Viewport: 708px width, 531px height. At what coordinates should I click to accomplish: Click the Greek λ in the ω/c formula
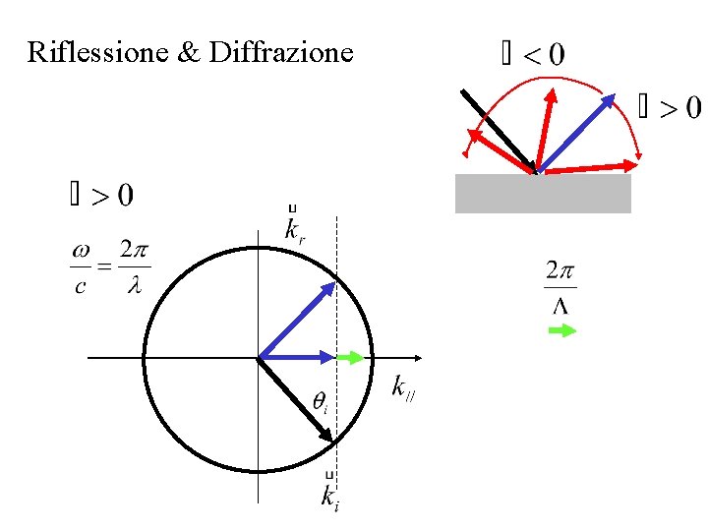click(134, 288)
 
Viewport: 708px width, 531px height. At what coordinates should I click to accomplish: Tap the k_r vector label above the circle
click(294, 229)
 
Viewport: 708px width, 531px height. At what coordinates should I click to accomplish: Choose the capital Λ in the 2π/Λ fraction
click(560, 306)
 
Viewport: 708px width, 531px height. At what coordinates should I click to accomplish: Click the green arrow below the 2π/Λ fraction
click(561, 331)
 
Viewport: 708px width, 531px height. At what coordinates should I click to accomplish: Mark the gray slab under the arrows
click(543, 193)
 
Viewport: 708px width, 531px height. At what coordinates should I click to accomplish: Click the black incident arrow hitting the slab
click(497, 129)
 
